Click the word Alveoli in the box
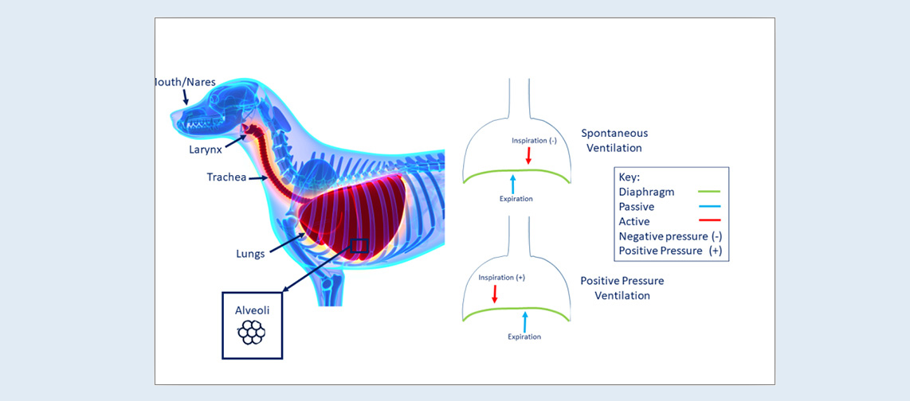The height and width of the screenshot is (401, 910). [252, 312]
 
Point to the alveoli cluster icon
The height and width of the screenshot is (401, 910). [252, 333]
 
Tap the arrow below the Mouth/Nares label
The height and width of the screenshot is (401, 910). [185, 98]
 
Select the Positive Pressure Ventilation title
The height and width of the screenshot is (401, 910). [622, 288]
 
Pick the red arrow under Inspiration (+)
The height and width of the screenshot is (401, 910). [495, 294]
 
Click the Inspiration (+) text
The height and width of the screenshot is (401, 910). [501, 278]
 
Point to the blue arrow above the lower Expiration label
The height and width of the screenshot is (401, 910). [524, 321]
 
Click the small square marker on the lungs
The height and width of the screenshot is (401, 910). [359, 246]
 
